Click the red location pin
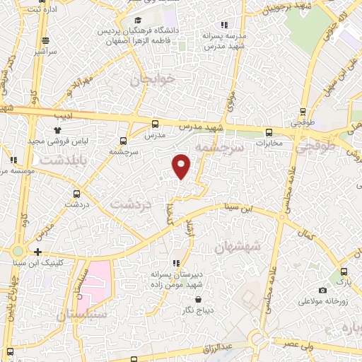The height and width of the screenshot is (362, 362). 182,166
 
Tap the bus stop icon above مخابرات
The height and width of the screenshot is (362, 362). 269,132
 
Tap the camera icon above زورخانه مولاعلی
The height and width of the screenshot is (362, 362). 322,290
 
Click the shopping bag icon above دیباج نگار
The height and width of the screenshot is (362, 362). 185,298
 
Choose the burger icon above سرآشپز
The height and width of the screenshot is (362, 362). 45,40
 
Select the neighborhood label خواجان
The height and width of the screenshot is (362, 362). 152,80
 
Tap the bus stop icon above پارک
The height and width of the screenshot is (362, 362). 342,271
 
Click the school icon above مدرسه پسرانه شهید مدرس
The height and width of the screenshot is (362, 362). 224,25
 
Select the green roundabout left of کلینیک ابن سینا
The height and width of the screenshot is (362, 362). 17,251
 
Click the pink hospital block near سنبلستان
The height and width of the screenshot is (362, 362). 100,279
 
